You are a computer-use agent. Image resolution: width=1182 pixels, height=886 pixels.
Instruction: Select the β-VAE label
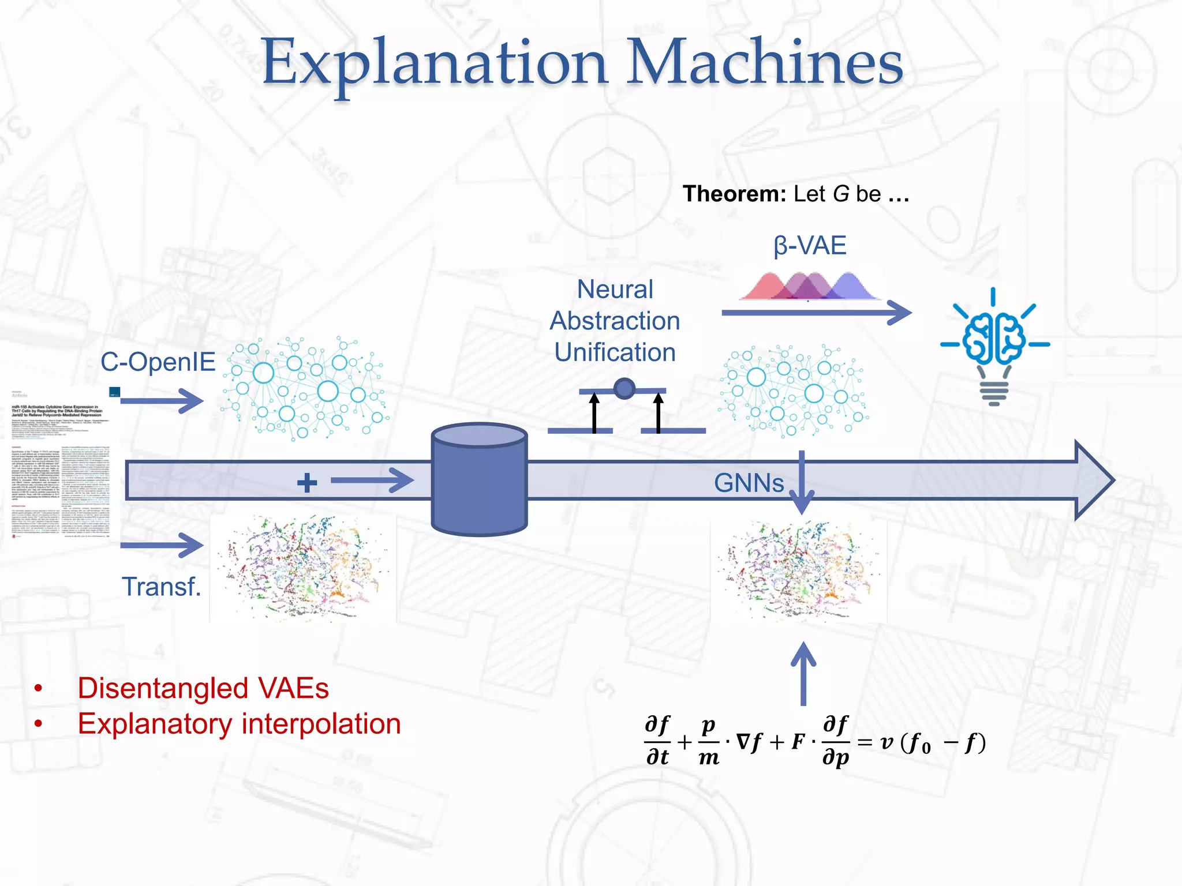(809, 246)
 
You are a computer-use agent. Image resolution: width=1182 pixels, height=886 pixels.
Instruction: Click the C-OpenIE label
(158, 362)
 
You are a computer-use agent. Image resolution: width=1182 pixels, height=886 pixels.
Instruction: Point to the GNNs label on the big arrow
(749, 483)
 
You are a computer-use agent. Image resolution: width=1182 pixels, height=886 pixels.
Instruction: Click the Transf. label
(161, 587)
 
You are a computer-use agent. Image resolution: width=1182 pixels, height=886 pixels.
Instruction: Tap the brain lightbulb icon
(994, 346)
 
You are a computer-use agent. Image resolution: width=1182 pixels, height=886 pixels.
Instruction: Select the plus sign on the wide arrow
(307, 482)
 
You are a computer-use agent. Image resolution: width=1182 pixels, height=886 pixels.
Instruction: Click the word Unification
(615, 352)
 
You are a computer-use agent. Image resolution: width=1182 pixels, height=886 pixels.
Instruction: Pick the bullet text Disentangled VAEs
(203, 688)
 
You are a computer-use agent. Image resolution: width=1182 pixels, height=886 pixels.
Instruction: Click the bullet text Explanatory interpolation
(239, 724)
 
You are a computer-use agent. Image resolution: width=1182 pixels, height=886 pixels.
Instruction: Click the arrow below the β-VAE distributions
(816, 313)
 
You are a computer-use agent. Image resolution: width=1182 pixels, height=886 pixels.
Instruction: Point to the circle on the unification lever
(624, 388)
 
